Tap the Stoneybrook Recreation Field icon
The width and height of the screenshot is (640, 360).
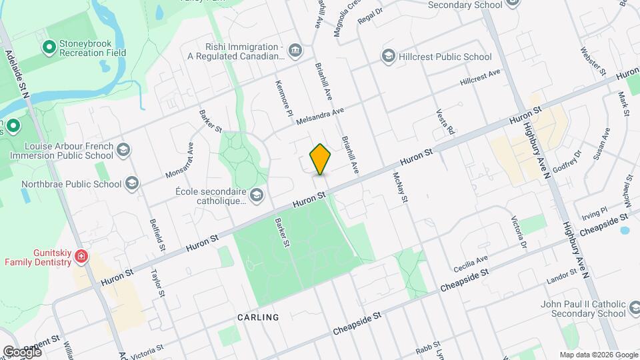(x=49, y=47)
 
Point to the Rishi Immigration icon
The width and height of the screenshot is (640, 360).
(x=295, y=51)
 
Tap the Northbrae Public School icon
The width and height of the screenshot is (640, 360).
(x=132, y=184)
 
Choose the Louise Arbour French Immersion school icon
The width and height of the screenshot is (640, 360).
(x=123, y=150)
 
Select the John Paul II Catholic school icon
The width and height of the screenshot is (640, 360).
(x=635, y=309)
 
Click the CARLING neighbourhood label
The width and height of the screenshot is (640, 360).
(x=258, y=317)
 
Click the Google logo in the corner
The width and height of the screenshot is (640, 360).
(x=22, y=351)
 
